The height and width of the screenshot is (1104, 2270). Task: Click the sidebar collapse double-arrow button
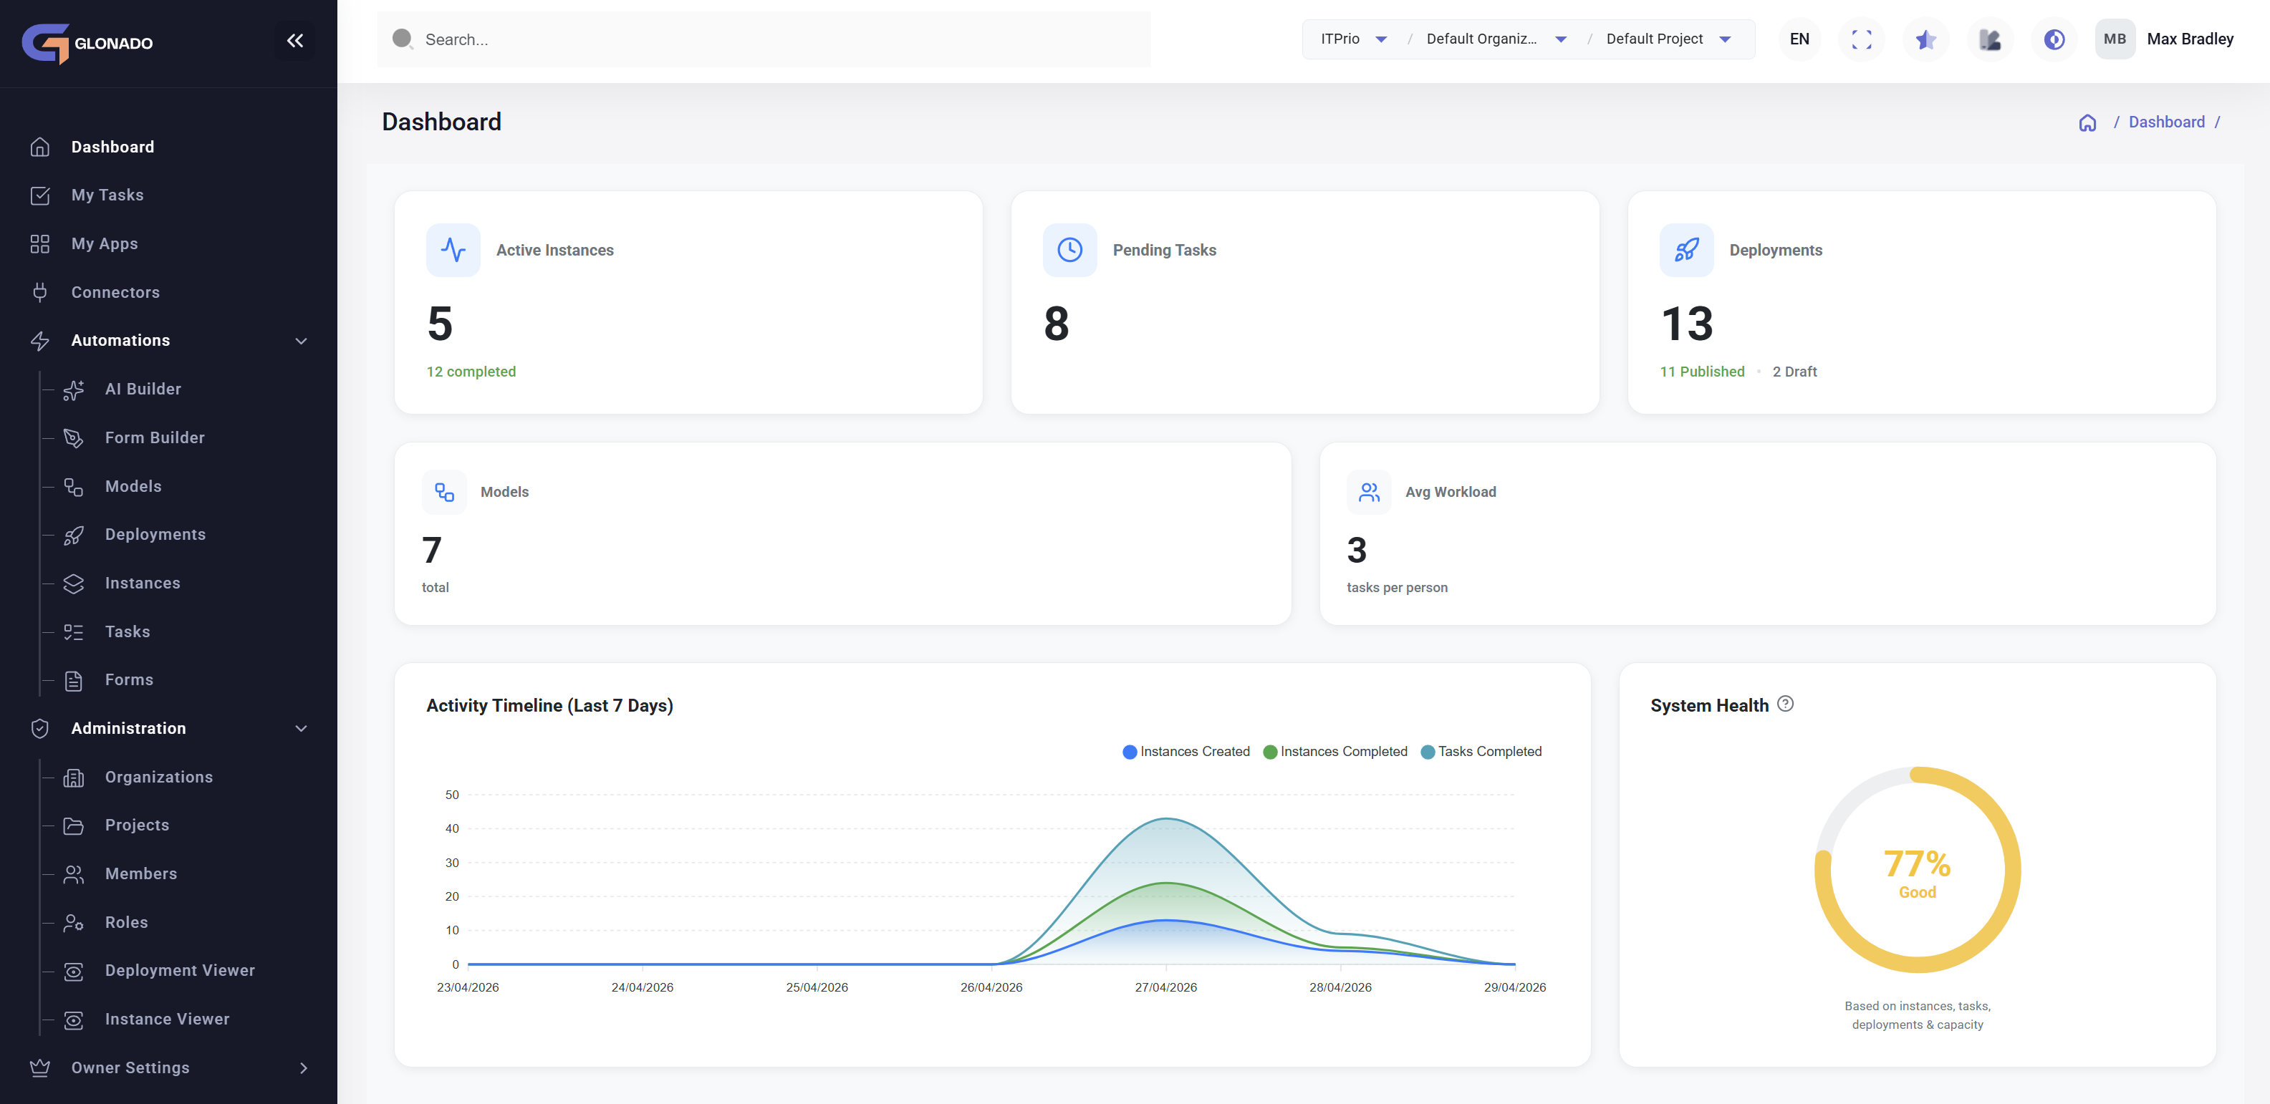point(294,41)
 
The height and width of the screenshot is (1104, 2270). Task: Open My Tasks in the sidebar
point(107,195)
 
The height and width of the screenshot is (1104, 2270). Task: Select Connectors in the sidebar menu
point(115,291)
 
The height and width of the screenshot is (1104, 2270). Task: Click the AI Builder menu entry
point(142,389)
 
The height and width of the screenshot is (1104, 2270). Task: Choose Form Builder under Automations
point(154,437)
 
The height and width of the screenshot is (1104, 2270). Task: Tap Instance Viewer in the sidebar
point(167,1019)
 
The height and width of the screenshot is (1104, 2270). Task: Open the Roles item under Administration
point(126,921)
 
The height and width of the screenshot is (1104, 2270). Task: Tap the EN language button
point(1799,39)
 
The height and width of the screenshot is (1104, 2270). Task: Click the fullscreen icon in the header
point(1861,39)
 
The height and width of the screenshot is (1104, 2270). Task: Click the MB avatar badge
point(2114,39)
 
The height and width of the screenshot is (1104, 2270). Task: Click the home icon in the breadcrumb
point(2087,122)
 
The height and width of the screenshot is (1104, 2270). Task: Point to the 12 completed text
point(471,372)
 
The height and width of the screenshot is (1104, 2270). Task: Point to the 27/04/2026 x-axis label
point(1165,987)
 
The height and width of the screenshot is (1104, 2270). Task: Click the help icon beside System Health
point(1784,703)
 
